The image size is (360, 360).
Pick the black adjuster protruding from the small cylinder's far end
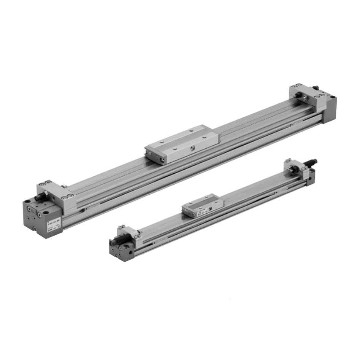tap(312, 161)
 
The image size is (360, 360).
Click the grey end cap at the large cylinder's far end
tap(329, 108)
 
